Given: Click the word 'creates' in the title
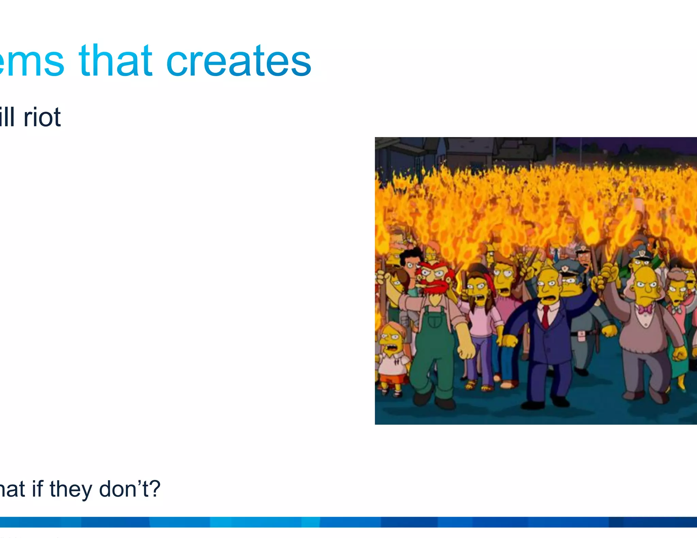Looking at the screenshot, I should [x=239, y=61].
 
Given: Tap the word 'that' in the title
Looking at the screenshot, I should [x=116, y=61].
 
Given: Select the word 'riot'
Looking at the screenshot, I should [x=42, y=117].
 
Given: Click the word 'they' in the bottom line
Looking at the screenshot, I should [x=71, y=489].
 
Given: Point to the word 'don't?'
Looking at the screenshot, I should [x=130, y=489].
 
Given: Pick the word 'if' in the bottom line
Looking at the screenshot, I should [x=38, y=489].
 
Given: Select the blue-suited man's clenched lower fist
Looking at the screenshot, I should [x=509, y=340].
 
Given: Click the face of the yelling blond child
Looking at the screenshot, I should [x=391, y=341].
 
